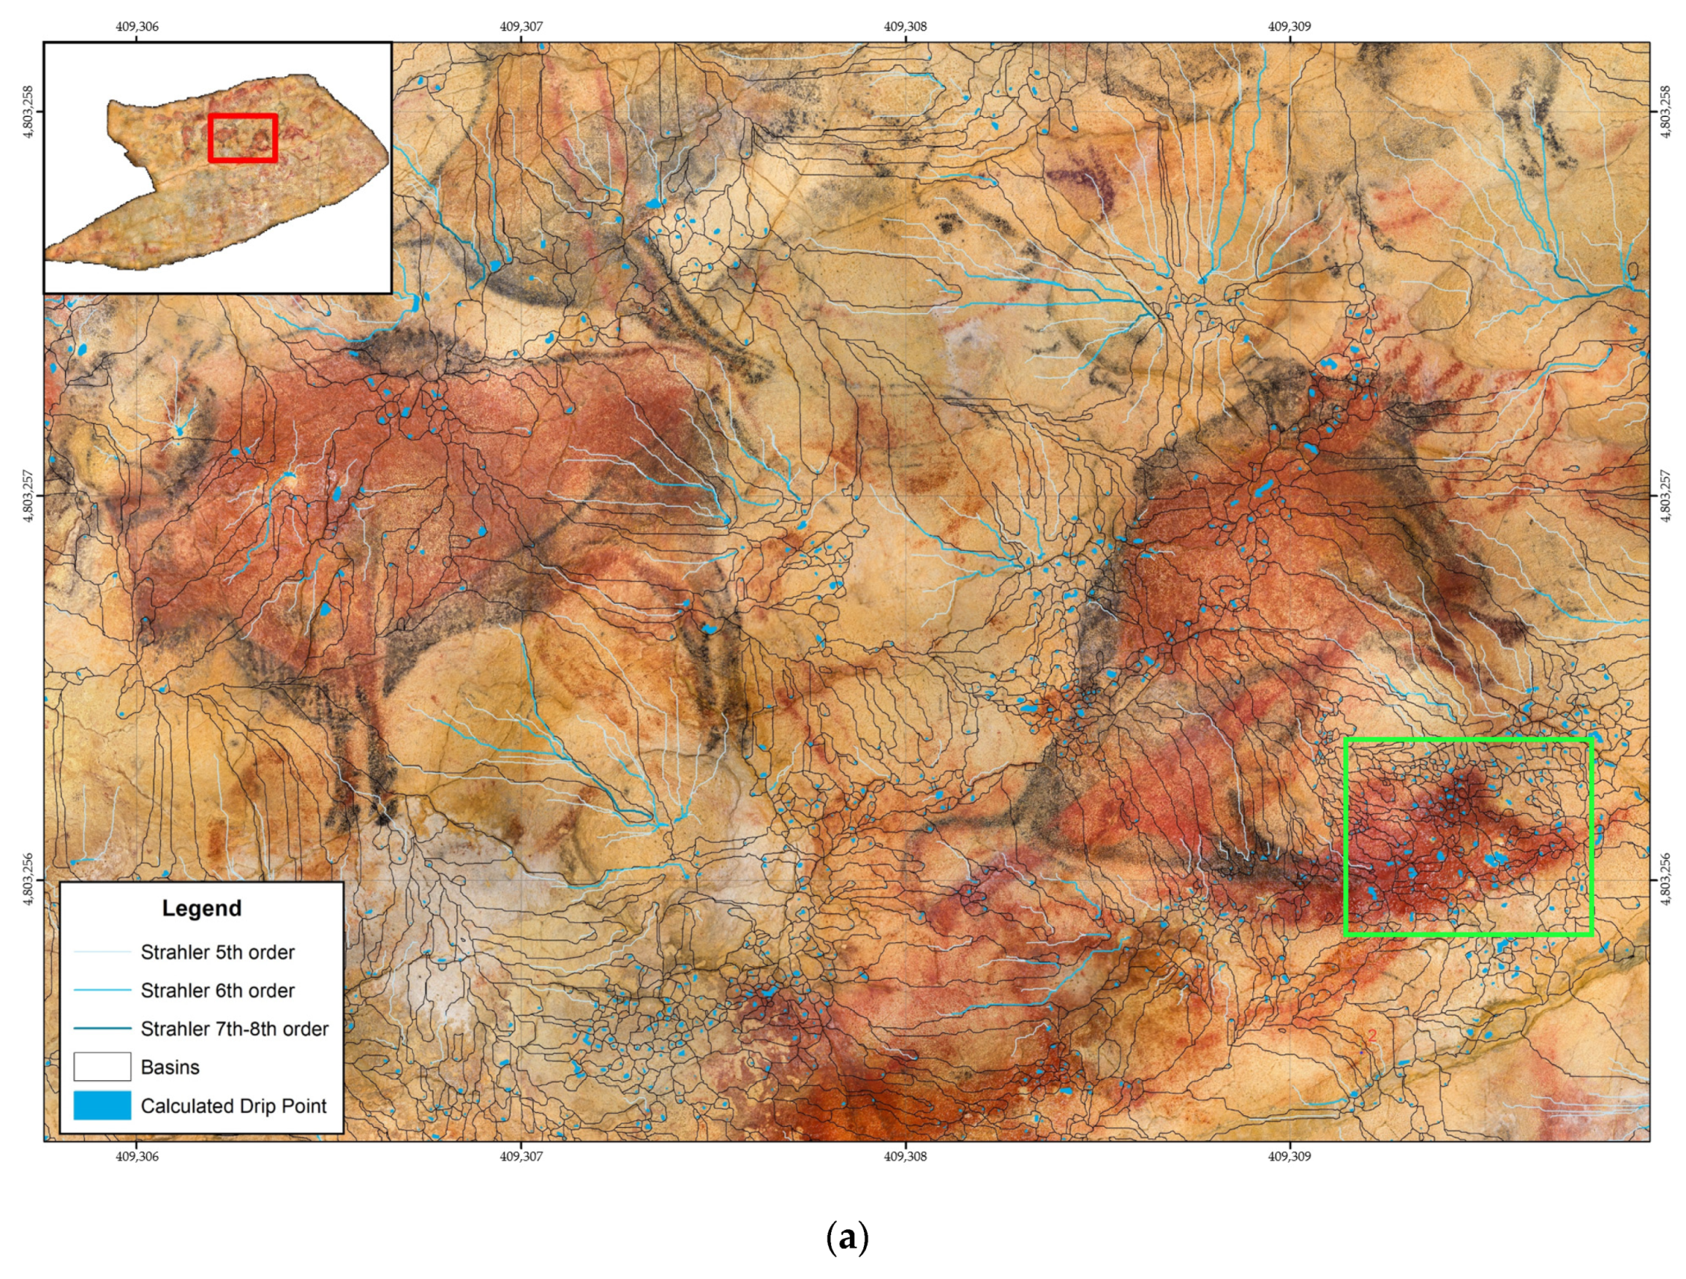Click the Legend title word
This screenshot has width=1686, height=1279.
click(201, 908)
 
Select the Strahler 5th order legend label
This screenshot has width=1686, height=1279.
click(217, 953)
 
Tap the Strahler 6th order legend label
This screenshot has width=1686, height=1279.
click(217, 991)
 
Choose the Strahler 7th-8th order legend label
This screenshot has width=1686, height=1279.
click(234, 1029)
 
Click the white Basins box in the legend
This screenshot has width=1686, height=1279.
click(102, 1067)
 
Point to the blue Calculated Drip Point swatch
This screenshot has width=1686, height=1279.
click(102, 1105)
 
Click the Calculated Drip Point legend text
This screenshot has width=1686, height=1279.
click(233, 1106)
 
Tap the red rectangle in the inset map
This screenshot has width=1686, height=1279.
click(242, 138)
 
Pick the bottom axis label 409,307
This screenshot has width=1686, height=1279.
click(522, 1156)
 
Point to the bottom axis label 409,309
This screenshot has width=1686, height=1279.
click(1290, 1156)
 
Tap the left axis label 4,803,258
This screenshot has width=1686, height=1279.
click(29, 111)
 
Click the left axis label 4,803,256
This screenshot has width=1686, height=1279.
click(29, 880)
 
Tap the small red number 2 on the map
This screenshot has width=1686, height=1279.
click(1372, 1036)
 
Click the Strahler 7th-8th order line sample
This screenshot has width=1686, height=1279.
click(102, 1029)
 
